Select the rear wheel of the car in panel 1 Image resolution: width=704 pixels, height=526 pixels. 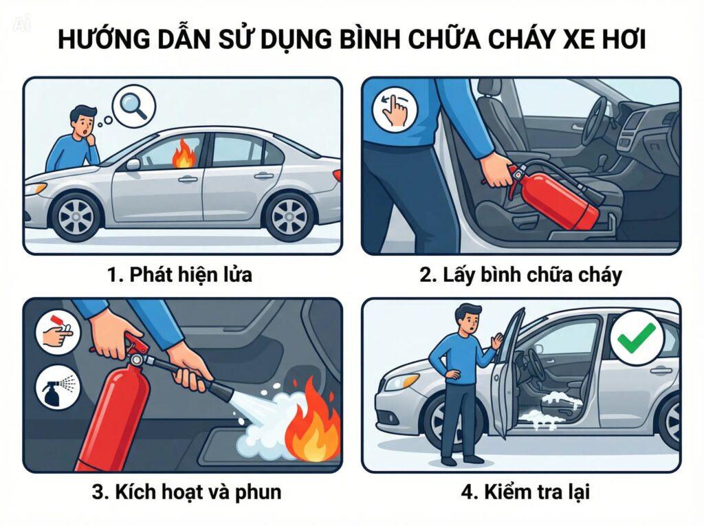tap(288, 215)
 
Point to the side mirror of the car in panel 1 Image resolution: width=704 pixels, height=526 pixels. tap(133, 164)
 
